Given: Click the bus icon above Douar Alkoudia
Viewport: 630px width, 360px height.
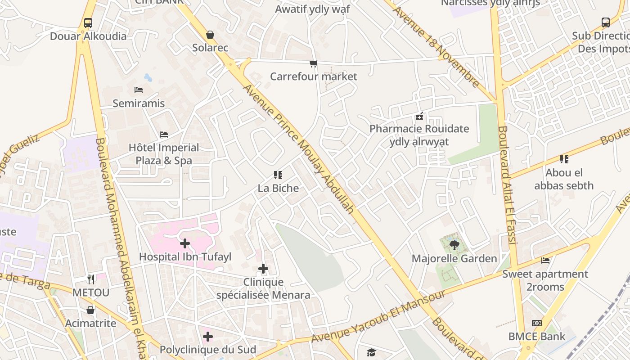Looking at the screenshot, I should click(x=88, y=22).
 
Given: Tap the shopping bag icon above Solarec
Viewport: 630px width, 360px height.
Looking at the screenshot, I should click(x=210, y=35).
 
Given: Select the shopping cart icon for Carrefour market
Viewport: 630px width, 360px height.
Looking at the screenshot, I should click(x=314, y=63).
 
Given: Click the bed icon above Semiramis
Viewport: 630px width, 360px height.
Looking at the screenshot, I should click(x=139, y=90).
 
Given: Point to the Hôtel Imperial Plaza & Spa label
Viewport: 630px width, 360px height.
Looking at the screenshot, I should click(x=164, y=154).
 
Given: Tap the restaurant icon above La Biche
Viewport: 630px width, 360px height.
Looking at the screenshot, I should click(x=278, y=175).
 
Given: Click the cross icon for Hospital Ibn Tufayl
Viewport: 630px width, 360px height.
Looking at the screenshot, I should click(x=185, y=244).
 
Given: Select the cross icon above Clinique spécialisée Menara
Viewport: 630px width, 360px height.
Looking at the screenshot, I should click(x=263, y=269).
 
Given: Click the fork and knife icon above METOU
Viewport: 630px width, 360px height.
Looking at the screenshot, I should click(x=91, y=279).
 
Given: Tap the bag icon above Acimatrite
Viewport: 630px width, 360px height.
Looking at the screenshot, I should click(x=90, y=310).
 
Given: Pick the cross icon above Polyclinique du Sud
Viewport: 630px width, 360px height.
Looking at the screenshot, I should click(x=208, y=337).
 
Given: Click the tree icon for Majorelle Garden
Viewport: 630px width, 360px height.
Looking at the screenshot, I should click(x=454, y=245).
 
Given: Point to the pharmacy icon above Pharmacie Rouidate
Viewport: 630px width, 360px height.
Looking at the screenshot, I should click(x=419, y=116).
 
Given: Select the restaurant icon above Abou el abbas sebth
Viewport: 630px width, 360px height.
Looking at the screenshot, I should click(x=564, y=159).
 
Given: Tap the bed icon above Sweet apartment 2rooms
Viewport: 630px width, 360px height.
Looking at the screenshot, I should click(x=545, y=261).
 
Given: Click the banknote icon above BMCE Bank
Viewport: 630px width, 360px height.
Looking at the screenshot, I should click(x=537, y=323).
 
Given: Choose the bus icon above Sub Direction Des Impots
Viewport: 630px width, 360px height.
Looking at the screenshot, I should click(x=606, y=22).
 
